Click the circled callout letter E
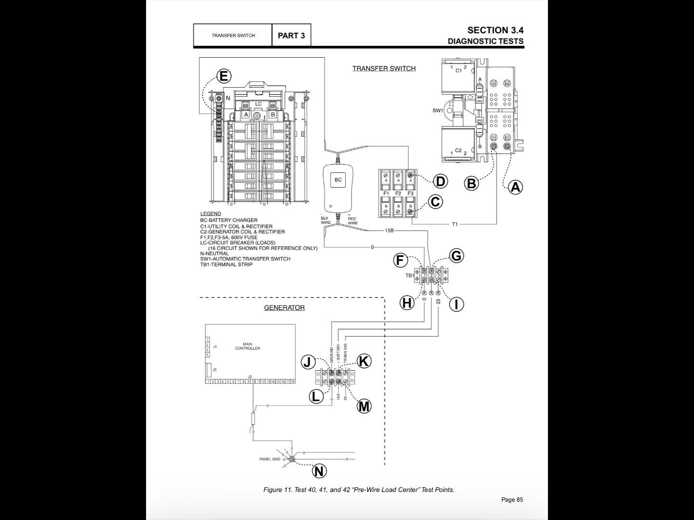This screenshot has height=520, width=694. pyautogui.click(x=223, y=76)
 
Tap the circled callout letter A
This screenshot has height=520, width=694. pyautogui.click(x=515, y=187)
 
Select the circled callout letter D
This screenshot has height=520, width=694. pyautogui.click(x=440, y=181)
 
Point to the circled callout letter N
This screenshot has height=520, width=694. pyautogui.click(x=319, y=471)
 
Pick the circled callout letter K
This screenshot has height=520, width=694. pyautogui.click(x=364, y=361)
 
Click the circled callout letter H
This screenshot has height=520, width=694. pyautogui.click(x=407, y=303)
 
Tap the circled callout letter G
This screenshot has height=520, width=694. pyautogui.click(x=456, y=256)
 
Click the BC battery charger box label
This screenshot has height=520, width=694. pyautogui.click(x=338, y=180)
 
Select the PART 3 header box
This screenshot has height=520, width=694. pyautogui.click(x=291, y=36)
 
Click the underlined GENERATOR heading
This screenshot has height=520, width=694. pyautogui.click(x=284, y=308)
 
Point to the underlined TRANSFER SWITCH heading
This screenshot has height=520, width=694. pyautogui.click(x=384, y=68)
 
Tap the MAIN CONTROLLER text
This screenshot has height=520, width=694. pyautogui.click(x=247, y=346)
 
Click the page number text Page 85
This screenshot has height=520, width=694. pyautogui.click(x=512, y=499)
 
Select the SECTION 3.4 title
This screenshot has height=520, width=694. pyautogui.click(x=495, y=30)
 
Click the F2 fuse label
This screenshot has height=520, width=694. pyautogui.click(x=398, y=194)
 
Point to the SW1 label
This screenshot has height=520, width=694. pyautogui.click(x=438, y=111)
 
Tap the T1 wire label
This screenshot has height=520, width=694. pyautogui.click(x=455, y=224)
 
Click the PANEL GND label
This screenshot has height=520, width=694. pyautogui.click(x=269, y=459)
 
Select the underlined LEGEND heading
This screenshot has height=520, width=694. pyautogui.click(x=211, y=214)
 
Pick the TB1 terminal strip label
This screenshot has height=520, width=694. pyautogui.click(x=409, y=276)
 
